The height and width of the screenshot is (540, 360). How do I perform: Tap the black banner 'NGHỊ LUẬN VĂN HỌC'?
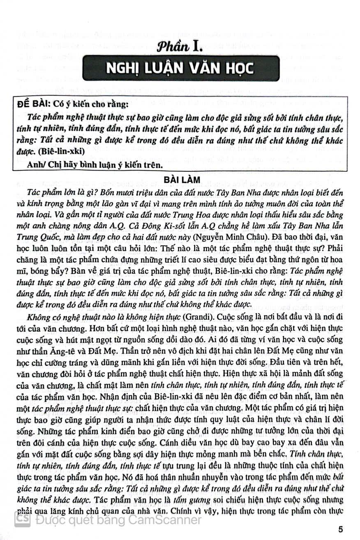coord(180,68)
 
